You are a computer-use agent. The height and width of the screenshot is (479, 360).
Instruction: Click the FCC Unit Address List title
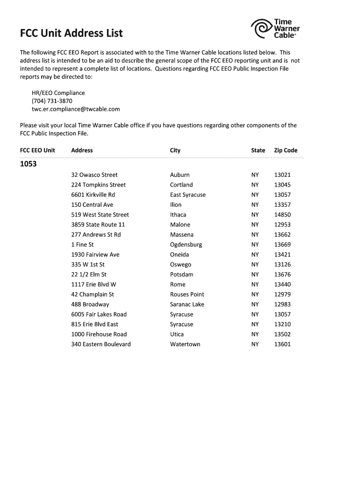(x=71, y=33)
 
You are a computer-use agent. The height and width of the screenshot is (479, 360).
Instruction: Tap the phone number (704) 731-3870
(x=52, y=101)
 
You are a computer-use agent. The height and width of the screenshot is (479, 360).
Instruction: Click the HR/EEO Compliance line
(x=58, y=93)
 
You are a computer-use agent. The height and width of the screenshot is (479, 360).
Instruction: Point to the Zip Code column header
(x=286, y=150)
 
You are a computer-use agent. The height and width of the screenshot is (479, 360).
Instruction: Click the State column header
(x=258, y=150)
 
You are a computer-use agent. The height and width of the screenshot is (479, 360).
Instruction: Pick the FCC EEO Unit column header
(x=37, y=150)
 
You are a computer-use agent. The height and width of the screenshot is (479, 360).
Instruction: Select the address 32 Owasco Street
(x=94, y=175)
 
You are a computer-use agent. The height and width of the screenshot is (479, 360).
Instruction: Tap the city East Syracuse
(x=187, y=195)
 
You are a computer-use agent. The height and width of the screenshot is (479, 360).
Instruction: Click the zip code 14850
(x=282, y=215)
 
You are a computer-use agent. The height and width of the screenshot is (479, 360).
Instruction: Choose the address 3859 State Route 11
(x=98, y=225)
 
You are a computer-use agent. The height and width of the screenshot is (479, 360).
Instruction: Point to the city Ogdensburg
(x=186, y=245)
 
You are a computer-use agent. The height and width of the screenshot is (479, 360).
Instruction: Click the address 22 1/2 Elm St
(x=89, y=275)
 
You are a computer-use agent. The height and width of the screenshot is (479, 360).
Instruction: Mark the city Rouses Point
(x=187, y=294)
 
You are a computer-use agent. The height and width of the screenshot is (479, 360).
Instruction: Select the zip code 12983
(x=282, y=305)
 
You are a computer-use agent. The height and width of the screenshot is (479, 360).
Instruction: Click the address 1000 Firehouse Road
(x=99, y=334)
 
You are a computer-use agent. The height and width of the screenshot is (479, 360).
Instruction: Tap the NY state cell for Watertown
(x=255, y=344)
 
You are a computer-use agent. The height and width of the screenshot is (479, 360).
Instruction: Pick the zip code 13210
(x=282, y=324)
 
